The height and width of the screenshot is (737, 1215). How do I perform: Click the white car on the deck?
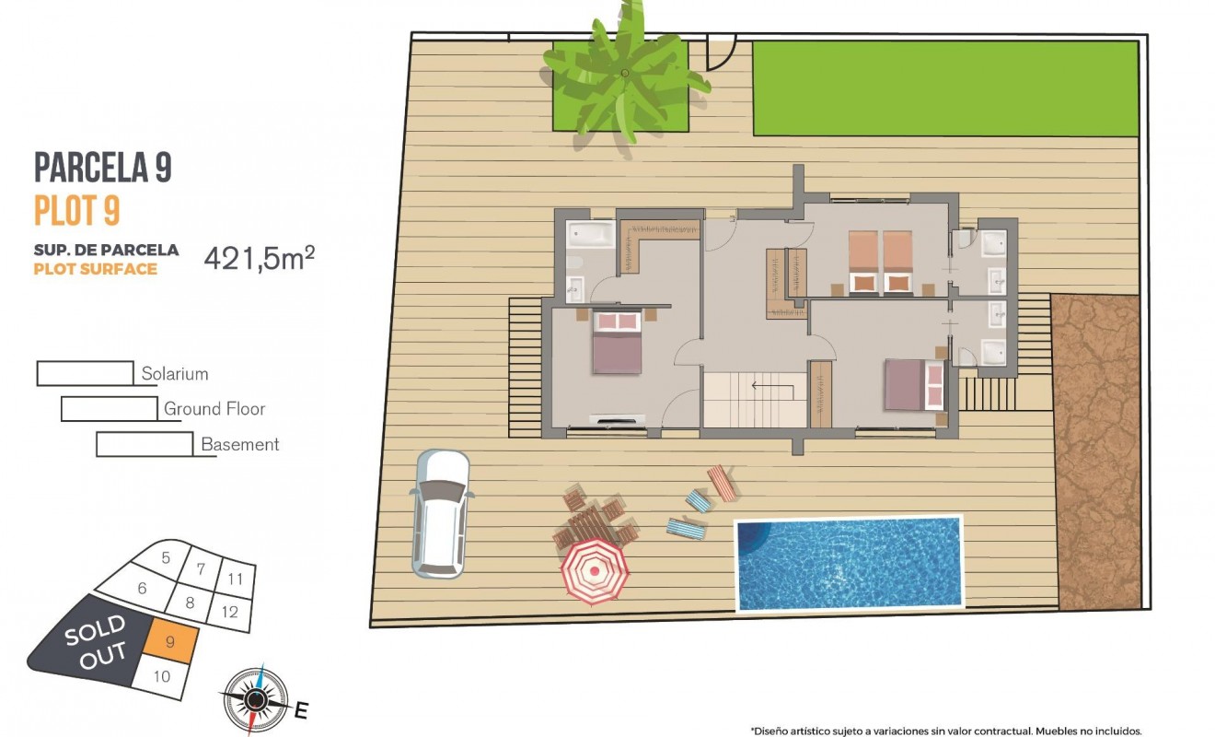pos(440,512)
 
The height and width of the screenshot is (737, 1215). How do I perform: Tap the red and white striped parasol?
pos(595,572)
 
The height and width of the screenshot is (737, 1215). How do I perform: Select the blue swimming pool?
pos(849,563)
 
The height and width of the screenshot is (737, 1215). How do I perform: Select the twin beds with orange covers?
pos(880,262)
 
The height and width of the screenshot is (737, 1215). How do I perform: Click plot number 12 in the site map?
pos(230,612)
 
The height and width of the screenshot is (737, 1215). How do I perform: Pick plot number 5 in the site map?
pos(166,557)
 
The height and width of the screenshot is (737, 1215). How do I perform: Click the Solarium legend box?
pos(85,374)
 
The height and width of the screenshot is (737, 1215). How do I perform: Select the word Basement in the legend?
pos(240,444)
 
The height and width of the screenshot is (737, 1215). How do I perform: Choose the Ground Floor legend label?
pos(214,408)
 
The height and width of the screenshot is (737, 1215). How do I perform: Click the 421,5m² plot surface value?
pos(259,259)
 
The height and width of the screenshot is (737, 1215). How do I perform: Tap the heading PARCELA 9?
pos(103,167)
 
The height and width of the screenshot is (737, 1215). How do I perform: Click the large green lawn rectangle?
pos(944,88)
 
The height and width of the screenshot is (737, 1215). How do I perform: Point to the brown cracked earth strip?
pos(1095,451)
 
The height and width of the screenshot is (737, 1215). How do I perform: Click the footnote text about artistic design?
pos(945,730)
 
